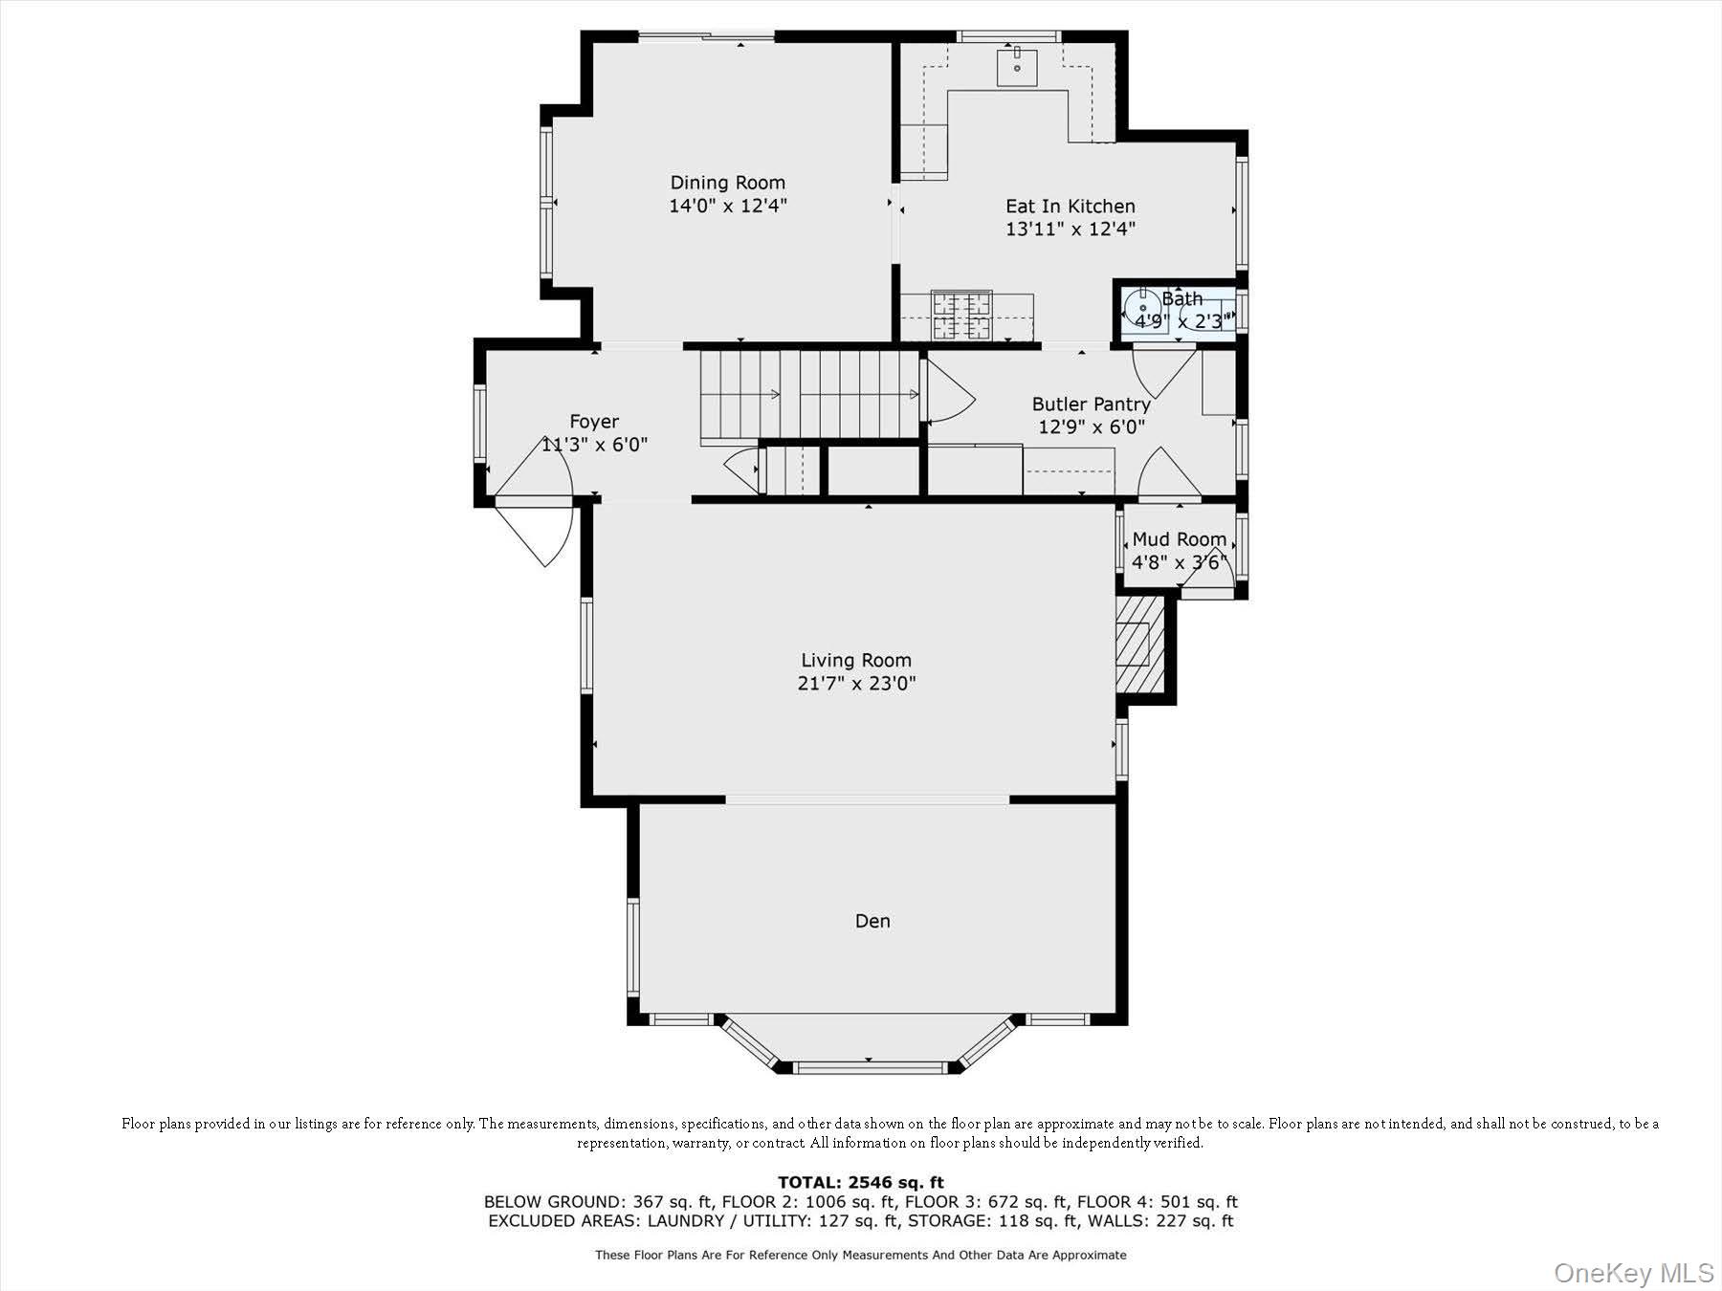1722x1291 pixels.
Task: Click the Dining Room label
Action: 727,183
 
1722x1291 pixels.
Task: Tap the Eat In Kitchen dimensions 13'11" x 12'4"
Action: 1070,230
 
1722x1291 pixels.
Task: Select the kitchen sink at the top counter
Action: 1017,66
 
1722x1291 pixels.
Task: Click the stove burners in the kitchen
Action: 962,316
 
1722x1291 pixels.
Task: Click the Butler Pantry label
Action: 1091,405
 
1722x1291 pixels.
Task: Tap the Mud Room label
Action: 1179,539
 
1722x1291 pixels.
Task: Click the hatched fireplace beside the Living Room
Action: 1138,645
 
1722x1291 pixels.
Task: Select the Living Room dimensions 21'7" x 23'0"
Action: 856,684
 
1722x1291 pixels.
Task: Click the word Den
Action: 872,921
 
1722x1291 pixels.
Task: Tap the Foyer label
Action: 594,422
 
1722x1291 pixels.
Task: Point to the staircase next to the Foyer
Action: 808,394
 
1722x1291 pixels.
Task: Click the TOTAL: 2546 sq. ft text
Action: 860,1182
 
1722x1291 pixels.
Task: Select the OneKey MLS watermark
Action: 1633,1273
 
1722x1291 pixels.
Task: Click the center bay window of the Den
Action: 870,1067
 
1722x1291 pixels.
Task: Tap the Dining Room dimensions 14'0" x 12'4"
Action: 727,206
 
